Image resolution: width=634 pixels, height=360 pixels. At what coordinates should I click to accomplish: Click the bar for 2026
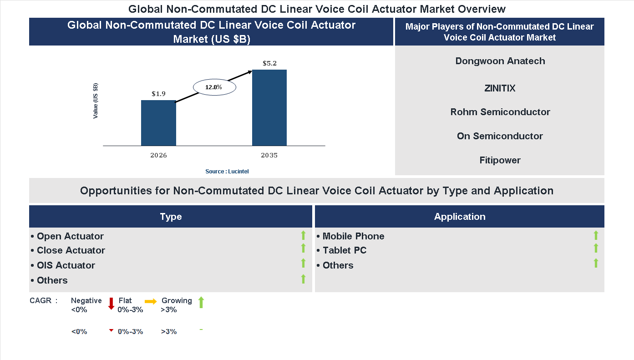158,123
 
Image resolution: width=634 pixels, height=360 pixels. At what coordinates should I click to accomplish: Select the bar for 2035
269,108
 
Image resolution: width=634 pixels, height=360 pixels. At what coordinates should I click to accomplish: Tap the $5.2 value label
269,63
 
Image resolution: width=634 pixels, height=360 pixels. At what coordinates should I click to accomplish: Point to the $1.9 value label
158,94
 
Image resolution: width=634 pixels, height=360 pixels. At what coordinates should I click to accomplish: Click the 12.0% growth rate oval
214,87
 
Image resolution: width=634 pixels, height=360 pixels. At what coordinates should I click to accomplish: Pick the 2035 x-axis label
269,155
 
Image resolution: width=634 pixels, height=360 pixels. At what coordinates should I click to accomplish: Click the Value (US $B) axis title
96,101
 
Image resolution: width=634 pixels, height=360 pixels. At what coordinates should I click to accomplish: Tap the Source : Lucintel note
227,171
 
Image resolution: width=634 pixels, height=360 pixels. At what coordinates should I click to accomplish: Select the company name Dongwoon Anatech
500,61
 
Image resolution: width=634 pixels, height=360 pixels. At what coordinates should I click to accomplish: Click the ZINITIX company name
500,88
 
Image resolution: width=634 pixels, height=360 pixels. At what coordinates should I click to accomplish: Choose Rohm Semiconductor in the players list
500,112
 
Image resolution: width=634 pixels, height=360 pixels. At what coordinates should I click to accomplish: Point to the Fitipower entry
500,160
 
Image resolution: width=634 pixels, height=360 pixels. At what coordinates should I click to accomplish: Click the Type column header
171,217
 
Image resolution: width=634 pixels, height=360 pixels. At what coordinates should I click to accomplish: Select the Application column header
460,217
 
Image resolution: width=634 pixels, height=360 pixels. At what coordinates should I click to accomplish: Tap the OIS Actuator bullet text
66,265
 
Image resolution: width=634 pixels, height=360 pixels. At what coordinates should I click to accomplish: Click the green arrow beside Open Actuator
303,235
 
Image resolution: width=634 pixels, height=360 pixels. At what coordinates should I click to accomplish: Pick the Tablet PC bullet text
345,250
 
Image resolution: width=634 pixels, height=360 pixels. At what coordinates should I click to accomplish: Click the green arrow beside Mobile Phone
596,235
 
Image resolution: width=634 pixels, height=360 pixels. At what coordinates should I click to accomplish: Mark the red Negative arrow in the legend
111,304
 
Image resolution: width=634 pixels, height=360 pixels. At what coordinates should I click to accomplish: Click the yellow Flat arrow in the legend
151,301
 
